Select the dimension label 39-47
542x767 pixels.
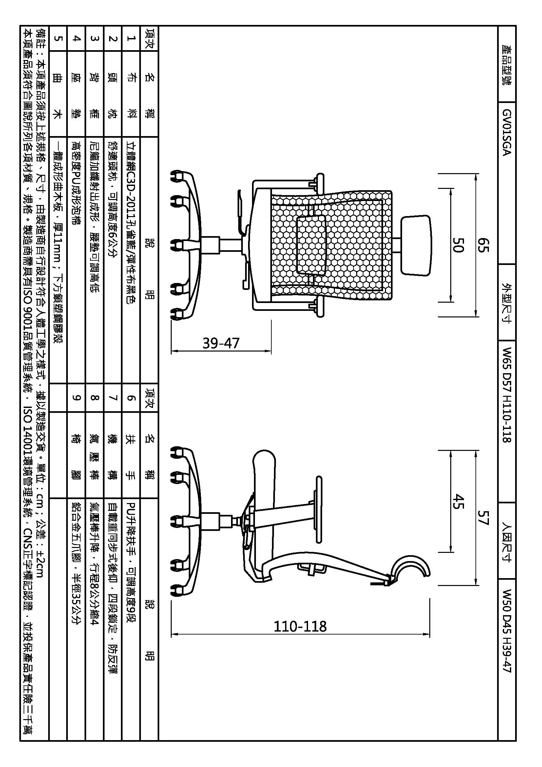pos(221,343)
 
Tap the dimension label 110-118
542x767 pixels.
pos(300,626)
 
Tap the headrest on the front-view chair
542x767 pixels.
pos(416,245)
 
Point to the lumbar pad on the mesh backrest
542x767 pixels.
pos(311,245)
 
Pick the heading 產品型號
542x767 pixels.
pos(507,65)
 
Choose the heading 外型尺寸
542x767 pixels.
pos(507,303)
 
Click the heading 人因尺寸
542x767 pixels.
pos(507,541)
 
